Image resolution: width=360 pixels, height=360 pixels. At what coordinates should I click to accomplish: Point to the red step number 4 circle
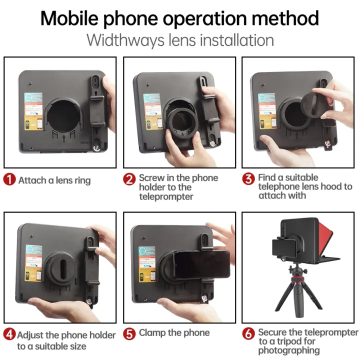10,335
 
